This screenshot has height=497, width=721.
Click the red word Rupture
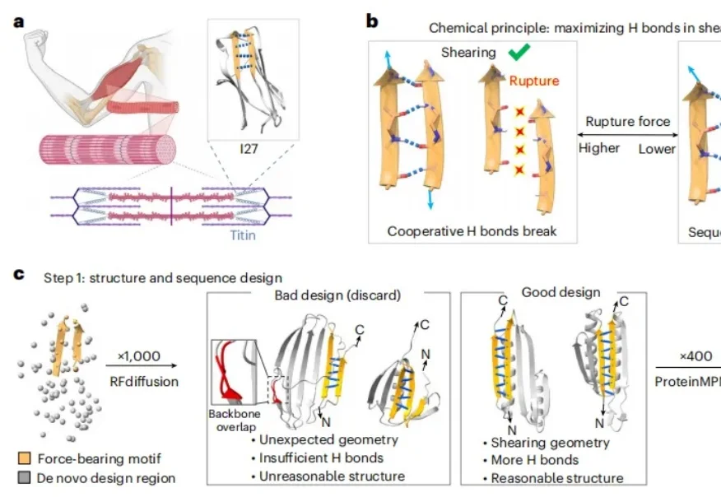click(x=533, y=81)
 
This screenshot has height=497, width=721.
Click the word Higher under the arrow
click(x=600, y=149)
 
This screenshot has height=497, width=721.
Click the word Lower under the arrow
click(x=657, y=149)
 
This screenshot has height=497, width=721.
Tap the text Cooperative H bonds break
click(x=472, y=231)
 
